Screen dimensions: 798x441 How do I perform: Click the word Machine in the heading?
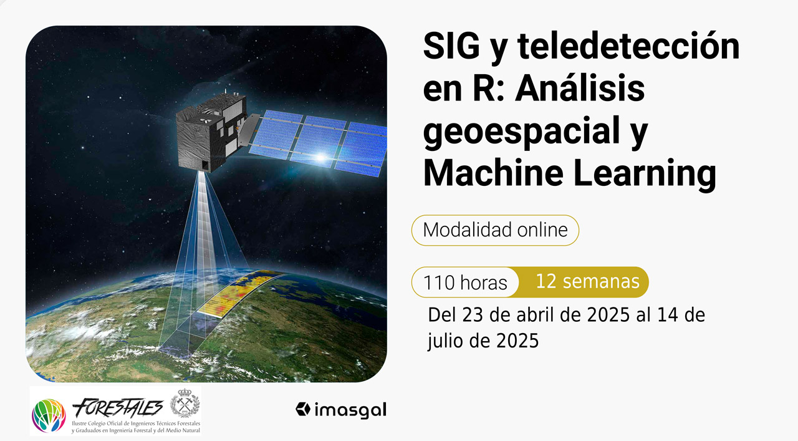pyautogui.click(x=493, y=173)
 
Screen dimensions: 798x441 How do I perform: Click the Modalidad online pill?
pyautogui.click(x=495, y=230)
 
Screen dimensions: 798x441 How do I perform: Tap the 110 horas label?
pyautogui.click(x=465, y=283)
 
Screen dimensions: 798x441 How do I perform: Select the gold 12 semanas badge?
pyautogui.click(x=584, y=282)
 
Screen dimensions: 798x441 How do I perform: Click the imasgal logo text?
pyautogui.click(x=350, y=410)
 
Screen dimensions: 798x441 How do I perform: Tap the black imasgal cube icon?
pyautogui.click(x=303, y=409)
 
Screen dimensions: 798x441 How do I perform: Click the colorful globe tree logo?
pyautogui.click(x=49, y=415)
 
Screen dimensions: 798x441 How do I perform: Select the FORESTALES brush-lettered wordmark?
pyautogui.click(x=118, y=407)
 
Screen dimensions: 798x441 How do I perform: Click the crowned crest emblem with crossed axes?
pyautogui.click(x=185, y=403)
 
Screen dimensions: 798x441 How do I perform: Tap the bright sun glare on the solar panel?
pyautogui.click(x=321, y=157)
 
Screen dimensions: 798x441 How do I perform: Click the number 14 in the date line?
pyautogui.click(x=667, y=315)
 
